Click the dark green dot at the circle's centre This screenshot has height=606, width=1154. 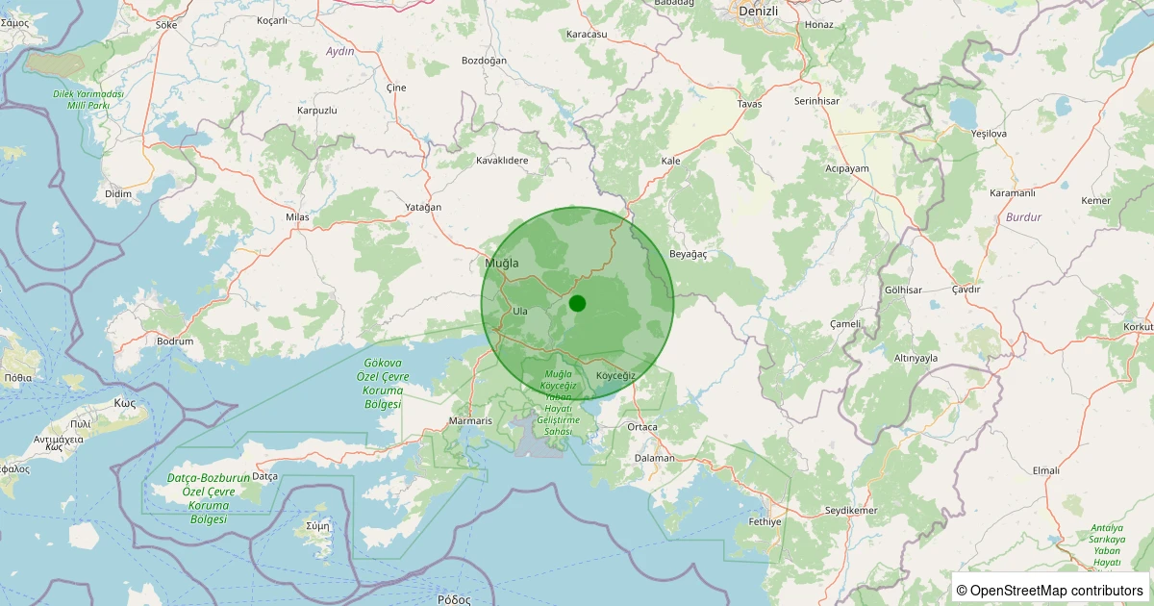tap(577, 303)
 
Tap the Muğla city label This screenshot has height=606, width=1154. tap(502, 263)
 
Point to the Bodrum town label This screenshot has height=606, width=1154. tap(175, 341)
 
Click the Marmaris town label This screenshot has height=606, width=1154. tap(471, 421)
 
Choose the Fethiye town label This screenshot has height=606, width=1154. tap(765, 521)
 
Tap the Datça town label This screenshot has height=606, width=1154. tap(264, 476)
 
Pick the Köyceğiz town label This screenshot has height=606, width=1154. tap(615, 374)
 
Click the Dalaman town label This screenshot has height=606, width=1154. tap(655, 458)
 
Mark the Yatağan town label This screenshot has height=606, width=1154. tap(423, 208)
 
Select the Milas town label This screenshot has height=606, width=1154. tap(298, 217)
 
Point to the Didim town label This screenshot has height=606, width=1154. tap(117, 194)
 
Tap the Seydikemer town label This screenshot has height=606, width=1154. tap(851, 510)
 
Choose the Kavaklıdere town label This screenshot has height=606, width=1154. tap(502, 160)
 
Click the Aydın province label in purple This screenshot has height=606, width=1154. tap(340, 51)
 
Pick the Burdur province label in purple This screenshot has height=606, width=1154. tap(1023, 217)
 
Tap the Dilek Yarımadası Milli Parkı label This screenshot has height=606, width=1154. tap(88, 99)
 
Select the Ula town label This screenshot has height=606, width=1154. tap(520, 311)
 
